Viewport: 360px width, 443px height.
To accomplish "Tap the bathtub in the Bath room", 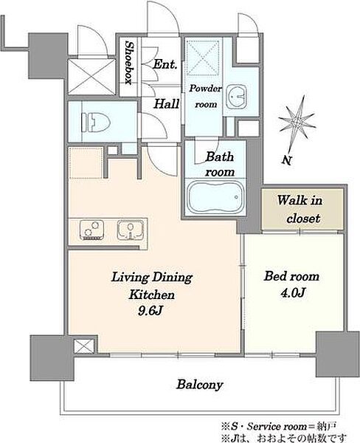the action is (215, 197).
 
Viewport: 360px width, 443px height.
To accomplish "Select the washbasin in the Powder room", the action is (236, 96).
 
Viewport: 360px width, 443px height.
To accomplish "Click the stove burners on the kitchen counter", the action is (91, 230).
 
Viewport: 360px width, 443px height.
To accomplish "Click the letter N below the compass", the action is (286, 160).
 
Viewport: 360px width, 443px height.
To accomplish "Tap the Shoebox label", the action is (129, 63).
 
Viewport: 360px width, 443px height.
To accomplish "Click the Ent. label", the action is (165, 64).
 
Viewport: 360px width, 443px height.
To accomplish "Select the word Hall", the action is (167, 103).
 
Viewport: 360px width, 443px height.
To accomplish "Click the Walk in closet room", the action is (302, 210).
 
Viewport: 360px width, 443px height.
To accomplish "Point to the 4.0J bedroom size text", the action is (293, 293).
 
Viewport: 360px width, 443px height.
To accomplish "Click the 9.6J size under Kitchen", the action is (150, 311).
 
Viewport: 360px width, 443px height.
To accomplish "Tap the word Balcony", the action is (200, 385).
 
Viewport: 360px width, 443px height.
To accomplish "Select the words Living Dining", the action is (152, 278).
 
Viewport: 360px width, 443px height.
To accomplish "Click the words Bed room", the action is (291, 276).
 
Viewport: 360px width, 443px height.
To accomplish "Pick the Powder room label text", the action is (206, 96).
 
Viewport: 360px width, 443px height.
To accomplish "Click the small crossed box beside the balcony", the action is (84, 346).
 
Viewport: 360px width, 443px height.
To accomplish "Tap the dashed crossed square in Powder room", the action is (204, 58).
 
